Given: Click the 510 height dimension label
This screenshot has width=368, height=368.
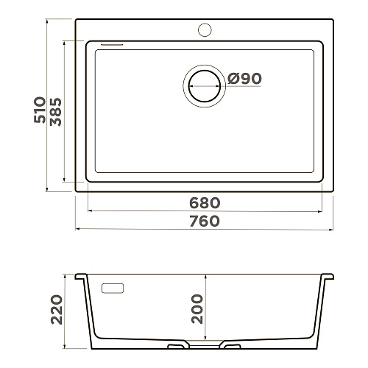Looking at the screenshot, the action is tap(40, 110).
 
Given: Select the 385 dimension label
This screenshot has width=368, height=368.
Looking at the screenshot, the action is tap(56, 112).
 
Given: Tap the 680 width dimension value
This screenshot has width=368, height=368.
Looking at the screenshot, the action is tap(205, 203).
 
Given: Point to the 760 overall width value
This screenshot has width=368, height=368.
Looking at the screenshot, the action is tap(205, 221).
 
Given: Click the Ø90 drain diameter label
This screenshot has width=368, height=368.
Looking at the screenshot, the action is tap(244, 79).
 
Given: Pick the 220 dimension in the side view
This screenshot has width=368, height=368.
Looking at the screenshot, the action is tap(57, 310).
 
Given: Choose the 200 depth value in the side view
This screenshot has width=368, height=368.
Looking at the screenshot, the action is tap(197, 309).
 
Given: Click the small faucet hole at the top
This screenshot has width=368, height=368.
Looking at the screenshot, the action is tap(205, 29).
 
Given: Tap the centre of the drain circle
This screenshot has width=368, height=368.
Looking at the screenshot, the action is tap(205, 86).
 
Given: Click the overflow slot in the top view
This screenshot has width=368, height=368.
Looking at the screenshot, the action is tap(112, 45).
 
